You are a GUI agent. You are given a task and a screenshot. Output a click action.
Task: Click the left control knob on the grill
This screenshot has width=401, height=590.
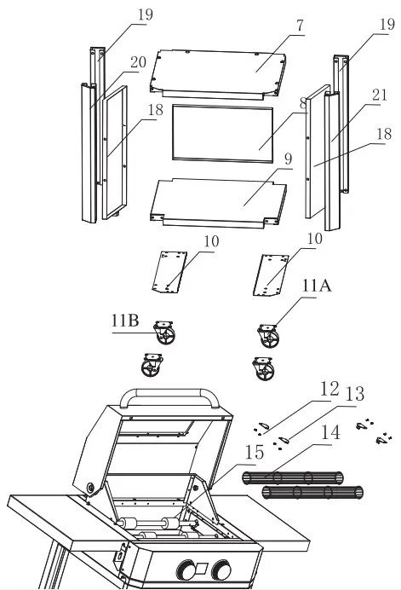click(x=186, y=570)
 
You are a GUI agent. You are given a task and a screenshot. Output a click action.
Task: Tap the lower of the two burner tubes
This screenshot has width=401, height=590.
click(x=315, y=493)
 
